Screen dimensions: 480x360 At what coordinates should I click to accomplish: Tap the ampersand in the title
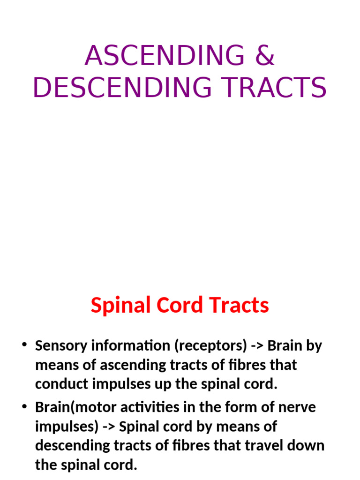[x=264, y=56]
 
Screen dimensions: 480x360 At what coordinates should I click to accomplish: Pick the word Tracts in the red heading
[x=240, y=306]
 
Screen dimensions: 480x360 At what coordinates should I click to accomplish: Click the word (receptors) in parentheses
[x=210, y=346]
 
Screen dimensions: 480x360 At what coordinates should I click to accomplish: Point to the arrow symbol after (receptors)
[x=257, y=346]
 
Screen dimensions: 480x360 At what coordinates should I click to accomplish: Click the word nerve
[x=298, y=407]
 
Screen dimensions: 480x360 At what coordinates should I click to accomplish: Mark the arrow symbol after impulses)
[x=109, y=427]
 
